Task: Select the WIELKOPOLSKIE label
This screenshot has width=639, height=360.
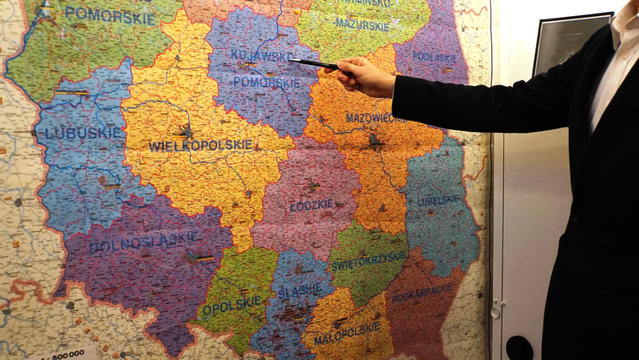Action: (200, 145)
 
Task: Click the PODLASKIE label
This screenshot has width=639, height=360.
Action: (434, 57)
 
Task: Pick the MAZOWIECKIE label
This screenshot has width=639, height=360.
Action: (376, 118)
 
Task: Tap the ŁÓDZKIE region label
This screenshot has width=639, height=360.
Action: (311, 205)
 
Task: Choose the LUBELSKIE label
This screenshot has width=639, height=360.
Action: (438, 200)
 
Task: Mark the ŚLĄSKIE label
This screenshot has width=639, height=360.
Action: (299, 290)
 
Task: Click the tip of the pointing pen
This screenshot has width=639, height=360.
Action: (290, 59)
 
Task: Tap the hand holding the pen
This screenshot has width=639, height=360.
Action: (364, 76)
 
